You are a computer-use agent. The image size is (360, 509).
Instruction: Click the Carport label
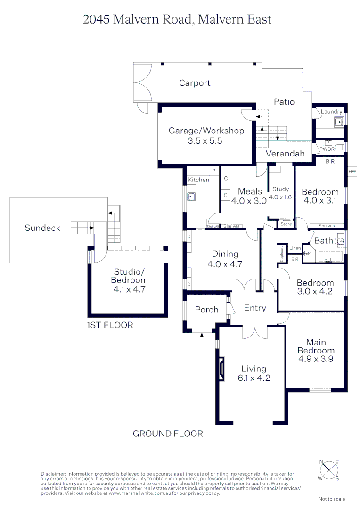pos(195,83)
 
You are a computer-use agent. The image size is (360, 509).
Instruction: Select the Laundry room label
pos(331,112)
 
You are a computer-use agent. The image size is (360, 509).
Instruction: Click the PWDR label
pos(327,149)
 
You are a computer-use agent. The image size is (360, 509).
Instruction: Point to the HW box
pos(352,172)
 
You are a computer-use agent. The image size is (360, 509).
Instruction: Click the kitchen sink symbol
pos(192,197)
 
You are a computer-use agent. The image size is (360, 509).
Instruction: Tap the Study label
pos(281,189)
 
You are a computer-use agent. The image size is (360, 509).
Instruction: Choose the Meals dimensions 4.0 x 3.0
pos(249,200)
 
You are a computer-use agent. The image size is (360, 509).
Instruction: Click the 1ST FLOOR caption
pos(110,325)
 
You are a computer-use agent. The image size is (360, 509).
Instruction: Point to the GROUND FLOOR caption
pos(168,434)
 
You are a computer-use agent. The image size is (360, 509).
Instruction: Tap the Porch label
pos(206,310)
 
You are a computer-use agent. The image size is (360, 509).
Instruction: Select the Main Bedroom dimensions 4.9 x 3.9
pos(316,359)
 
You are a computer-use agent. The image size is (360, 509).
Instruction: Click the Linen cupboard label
pos(295,248)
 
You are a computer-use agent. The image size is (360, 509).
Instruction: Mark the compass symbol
pos(329,470)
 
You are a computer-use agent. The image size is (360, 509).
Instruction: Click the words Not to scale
pos(332,499)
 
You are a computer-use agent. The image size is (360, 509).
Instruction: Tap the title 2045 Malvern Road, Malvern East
pos(177,19)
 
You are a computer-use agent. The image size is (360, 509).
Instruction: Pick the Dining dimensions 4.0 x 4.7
pos(225,264)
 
